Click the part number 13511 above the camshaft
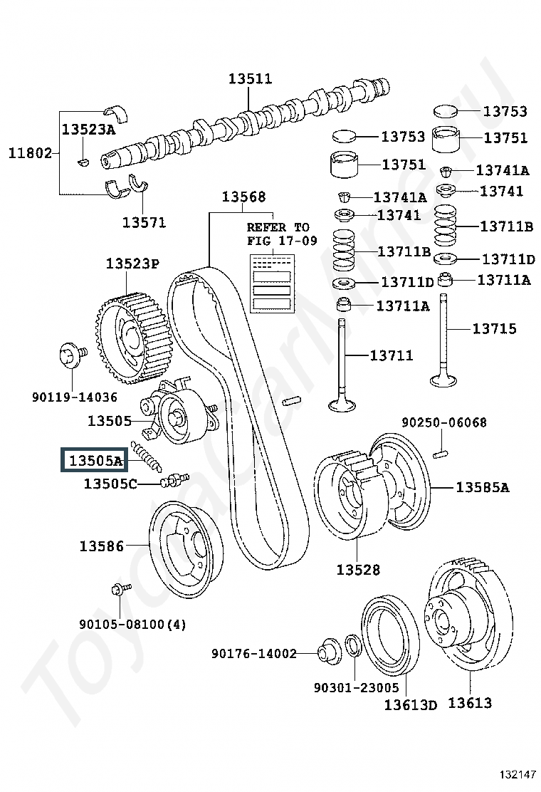[x=251, y=78]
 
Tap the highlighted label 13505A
[x=95, y=459]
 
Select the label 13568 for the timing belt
[x=243, y=197]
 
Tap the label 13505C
[x=110, y=484]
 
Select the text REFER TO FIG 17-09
[x=282, y=234]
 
